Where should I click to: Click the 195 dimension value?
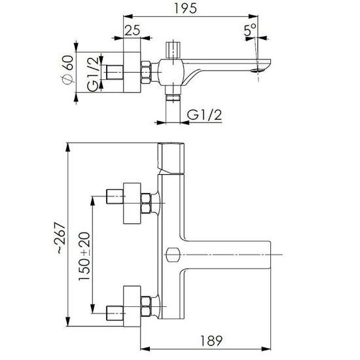coord(185,9)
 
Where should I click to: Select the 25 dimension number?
coord(132,30)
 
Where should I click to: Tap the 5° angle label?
coord(250,30)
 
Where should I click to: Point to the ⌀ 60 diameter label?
coord(69,69)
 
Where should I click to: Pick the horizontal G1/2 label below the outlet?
coord(205,115)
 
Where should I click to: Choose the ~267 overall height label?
coord(61,238)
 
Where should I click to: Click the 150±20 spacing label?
coord(84,256)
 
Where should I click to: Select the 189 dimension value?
coord(211,341)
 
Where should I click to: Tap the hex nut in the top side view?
coord(146,72)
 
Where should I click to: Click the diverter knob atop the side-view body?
coord(173,50)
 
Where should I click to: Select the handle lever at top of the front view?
coord(171,158)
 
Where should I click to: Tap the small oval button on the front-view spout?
coord(173,255)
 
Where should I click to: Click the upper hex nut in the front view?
coord(146,204)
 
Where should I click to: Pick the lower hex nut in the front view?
coord(146,306)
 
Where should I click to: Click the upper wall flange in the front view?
coord(132,203)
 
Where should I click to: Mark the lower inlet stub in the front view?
coord(115,314)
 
